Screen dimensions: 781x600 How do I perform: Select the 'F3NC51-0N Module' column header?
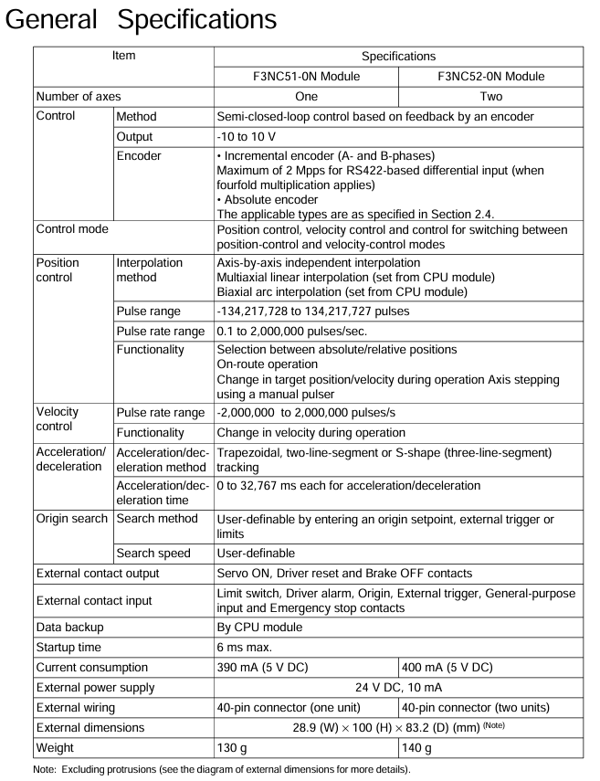[307, 76]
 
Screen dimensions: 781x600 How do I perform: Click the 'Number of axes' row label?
[78, 96]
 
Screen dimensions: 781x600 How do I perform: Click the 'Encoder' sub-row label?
[139, 156]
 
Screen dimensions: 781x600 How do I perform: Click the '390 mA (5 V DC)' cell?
[265, 668]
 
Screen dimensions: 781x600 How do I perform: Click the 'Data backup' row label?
[71, 628]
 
